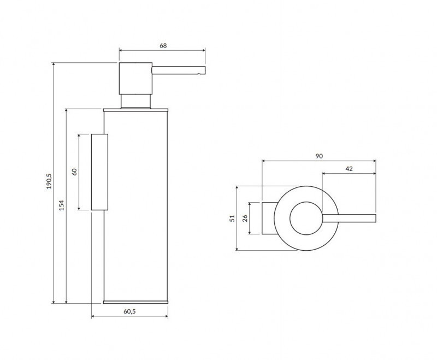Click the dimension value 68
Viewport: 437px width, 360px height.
(163, 46)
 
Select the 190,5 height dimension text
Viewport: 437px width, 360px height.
(49, 181)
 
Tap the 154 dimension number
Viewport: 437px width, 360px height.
(62, 205)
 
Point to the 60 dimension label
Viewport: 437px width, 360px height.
(74, 171)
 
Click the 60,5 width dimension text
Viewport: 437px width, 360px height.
(129, 311)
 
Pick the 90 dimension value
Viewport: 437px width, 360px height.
(319, 156)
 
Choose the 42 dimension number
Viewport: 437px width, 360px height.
(349, 169)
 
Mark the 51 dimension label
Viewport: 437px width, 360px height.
(232, 218)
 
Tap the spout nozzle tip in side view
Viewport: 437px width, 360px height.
(203, 69)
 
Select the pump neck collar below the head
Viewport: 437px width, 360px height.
(135, 101)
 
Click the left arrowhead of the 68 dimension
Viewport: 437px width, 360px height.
(121, 51)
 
